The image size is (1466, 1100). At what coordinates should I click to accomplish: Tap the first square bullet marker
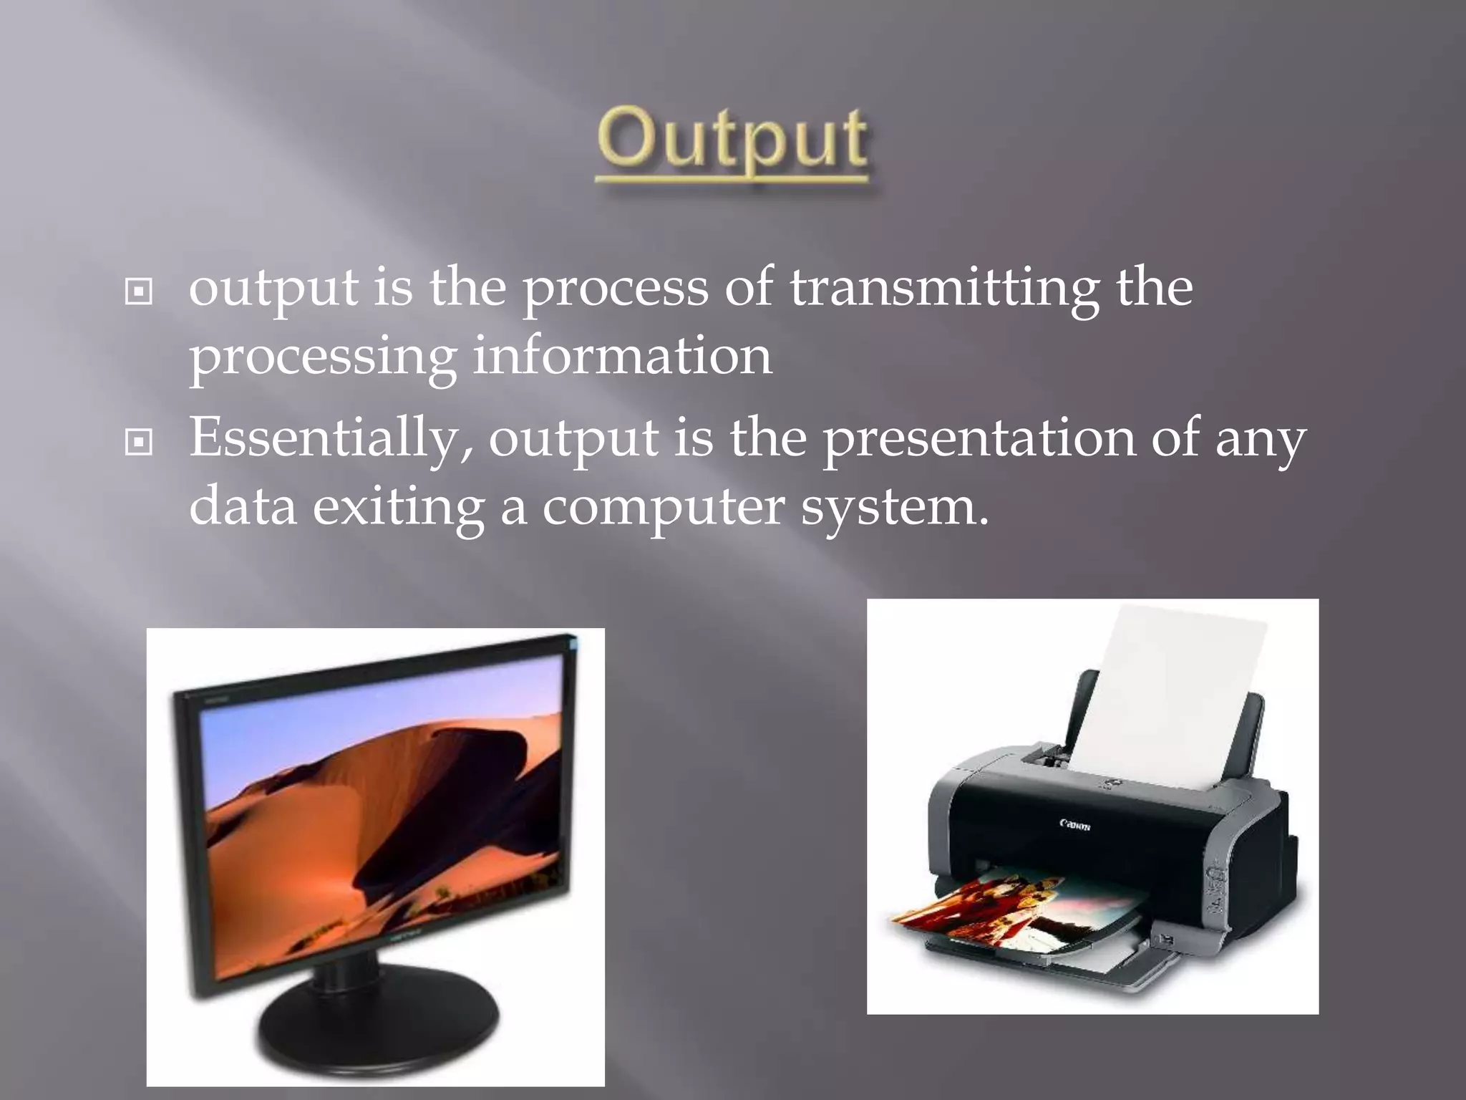point(138,292)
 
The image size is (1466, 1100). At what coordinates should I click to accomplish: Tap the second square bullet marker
point(138,443)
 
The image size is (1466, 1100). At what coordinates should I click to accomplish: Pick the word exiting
point(398,507)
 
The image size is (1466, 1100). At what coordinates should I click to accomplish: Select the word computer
point(663,507)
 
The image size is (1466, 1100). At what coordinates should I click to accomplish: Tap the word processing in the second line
point(322,358)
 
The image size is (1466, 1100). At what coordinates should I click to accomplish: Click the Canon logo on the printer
point(1074,825)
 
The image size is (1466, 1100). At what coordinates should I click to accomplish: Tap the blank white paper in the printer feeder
point(1174,687)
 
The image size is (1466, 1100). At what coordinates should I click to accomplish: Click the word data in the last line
point(243,507)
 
